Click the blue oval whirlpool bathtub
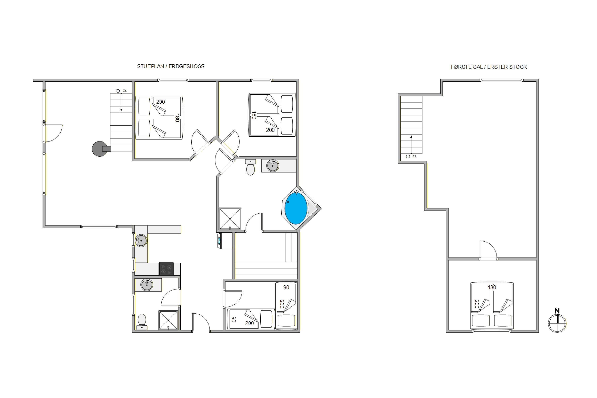coord(296,208)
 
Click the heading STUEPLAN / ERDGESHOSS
coord(171,66)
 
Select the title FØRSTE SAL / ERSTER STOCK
coord(489,67)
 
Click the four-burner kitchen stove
coord(166,269)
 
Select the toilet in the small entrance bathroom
coord(142,322)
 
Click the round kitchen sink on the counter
coord(141,240)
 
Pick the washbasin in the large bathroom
coord(273,166)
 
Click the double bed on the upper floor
coord(492,306)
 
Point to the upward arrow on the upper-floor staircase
coord(411,145)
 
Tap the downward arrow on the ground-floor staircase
coord(121,102)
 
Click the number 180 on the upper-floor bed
coord(492,287)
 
